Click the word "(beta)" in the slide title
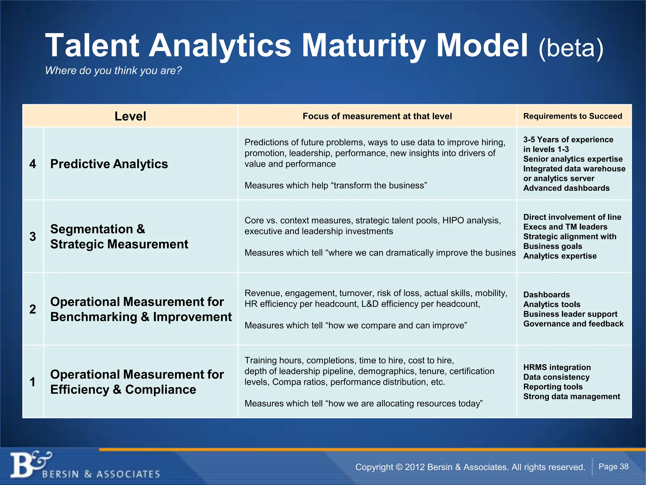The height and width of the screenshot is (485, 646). pyautogui.click(x=571, y=48)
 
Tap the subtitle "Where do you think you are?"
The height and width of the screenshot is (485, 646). pyautogui.click(x=113, y=70)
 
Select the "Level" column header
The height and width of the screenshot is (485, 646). pyautogui.click(x=130, y=116)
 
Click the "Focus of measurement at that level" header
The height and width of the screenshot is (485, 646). pyautogui.click(x=377, y=116)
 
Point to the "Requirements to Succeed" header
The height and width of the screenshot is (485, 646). pyautogui.click(x=573, y=116)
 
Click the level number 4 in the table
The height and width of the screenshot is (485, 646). pyautogui.click(x=32, y=164)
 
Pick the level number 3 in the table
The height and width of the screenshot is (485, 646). pyautogui.click(x=32, y=237)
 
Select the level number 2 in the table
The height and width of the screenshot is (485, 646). pyautogui.click(x=32, y=309)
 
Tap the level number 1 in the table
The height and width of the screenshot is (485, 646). pyautogui.click(x=32, y=382)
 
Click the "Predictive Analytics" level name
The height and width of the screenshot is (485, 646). pyautogui.click(x=109, y=164)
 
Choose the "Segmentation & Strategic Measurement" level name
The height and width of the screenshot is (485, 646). pyautogui.click(x=119, y=237)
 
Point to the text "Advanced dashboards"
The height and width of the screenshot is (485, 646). pyautogui.click(x=566, y=188)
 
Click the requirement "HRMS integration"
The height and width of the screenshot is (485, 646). pyautogui.click(x=557, y=367)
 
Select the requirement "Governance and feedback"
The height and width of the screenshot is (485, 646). pyautogui.click(x=573, y=324)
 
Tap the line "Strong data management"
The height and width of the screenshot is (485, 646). pyautogui.click(x=572, y=397)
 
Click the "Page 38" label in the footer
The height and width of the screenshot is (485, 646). pyautogui.click(x=613, y=467)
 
